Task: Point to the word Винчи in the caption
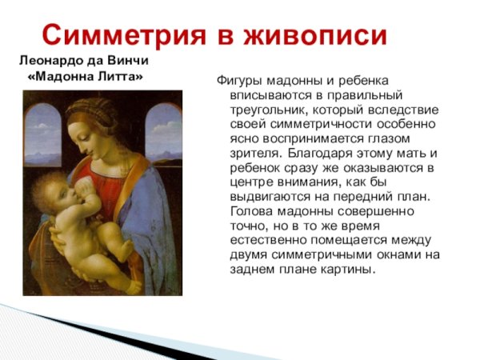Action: [127, 61]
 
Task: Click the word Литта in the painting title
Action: [118, 78]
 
